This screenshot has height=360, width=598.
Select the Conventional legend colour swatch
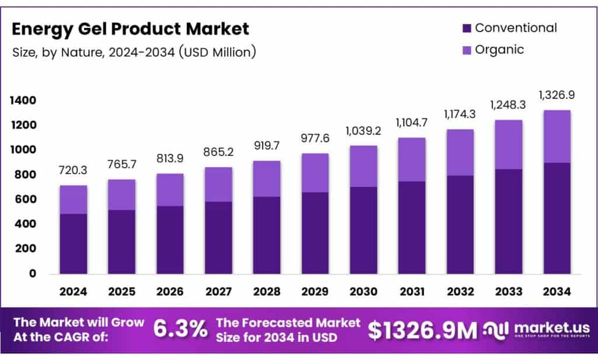(x=466, y=28)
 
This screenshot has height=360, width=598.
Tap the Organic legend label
(x=499, y=50)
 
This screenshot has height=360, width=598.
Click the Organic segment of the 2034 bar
(x=557, y=136)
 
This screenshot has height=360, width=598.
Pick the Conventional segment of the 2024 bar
(x=73, y=243)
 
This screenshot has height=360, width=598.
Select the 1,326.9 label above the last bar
(x=557, y=95)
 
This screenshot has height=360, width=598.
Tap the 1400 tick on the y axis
(x=23, y=101)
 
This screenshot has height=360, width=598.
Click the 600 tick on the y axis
(x=26, y=200)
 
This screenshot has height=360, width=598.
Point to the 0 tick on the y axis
(x=32, y=274)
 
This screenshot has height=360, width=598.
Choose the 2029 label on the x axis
(x=315, y=290)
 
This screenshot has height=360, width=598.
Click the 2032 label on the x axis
(x=460, y=290)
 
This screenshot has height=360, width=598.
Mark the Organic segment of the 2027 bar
(x=218, y=184)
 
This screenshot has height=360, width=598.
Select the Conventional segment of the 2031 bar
(x=412, y=227)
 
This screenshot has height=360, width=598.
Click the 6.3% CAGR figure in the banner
(x=180, y=330)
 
